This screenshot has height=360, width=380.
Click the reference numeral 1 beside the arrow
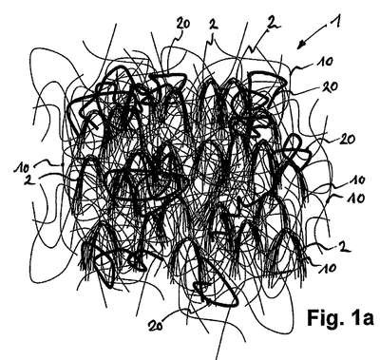335,23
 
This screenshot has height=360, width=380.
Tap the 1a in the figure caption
364,317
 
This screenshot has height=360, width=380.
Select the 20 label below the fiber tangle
156,325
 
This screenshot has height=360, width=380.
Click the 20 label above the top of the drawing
182,24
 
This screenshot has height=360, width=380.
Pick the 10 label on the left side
21,167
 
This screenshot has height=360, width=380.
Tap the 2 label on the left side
28,180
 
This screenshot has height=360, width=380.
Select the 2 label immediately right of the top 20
215,25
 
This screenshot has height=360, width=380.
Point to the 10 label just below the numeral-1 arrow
324,62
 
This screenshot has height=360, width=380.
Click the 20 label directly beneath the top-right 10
330,86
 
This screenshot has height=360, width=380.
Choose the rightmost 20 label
347,139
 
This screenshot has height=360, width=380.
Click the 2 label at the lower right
341,247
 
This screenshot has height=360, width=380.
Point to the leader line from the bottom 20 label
178,314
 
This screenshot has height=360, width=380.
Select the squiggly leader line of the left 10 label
47,163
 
